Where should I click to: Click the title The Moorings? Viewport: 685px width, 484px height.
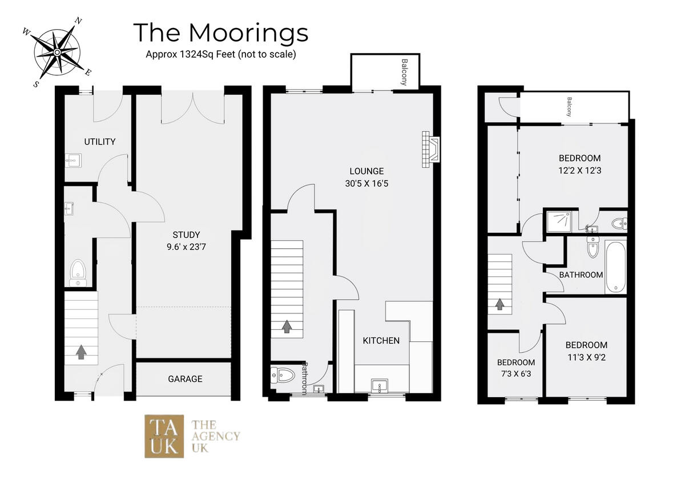coord(220,33)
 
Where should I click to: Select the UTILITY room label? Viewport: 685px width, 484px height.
coord(100,142)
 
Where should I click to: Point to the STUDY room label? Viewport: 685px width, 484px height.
coord(186,235)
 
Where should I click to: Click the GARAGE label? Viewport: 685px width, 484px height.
coord(184,379)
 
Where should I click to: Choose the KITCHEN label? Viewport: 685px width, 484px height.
coord(381,341)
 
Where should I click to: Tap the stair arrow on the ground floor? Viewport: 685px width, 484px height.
coord(80,352)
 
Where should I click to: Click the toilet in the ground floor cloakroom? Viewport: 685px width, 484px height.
coord(78,272)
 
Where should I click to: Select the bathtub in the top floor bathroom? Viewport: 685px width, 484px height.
coord(615,267)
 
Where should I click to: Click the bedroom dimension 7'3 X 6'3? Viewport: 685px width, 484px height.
coord(515,374)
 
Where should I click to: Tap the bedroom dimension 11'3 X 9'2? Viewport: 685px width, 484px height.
coord(586,358)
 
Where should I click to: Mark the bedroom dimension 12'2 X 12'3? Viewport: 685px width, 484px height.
coord(579,170)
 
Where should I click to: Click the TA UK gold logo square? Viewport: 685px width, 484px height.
coord(164,435)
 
